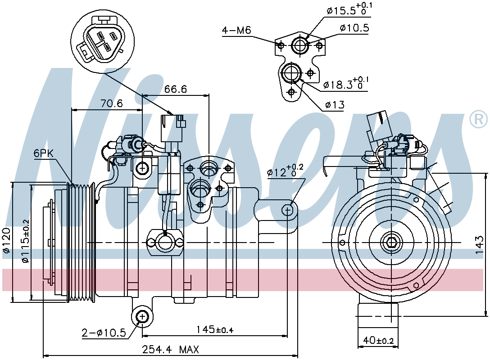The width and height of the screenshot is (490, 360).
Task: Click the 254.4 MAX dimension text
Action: (170, 349)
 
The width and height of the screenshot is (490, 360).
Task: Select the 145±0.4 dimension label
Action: (215, 329)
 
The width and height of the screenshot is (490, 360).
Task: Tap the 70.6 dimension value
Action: (112, 103)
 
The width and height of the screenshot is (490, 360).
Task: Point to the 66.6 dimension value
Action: (176, 89)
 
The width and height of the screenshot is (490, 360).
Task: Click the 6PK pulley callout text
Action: (44, 153)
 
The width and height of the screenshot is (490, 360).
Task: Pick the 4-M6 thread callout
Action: (236, 30)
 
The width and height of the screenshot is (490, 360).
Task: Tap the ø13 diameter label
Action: (334, 105)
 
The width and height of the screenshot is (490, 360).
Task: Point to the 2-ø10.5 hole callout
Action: (104, 333)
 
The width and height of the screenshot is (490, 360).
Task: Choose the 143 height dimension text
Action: (479, 245)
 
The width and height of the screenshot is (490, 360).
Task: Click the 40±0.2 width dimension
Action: (378, 340)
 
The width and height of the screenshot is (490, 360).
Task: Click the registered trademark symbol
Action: (478, 119)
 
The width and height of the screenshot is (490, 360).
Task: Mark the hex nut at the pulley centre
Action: (390, 242)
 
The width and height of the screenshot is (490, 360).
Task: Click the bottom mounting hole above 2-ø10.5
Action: (142, 317)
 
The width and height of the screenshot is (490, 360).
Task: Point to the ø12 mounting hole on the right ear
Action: (287, 210)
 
